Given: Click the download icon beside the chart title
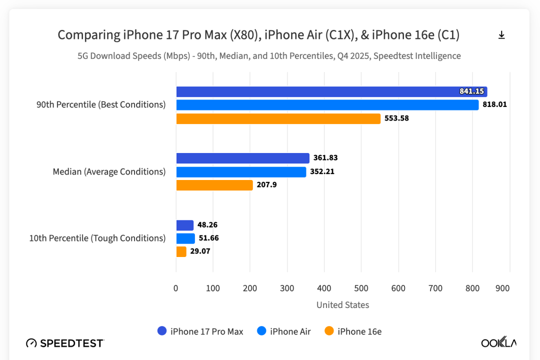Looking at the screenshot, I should click(501, 35).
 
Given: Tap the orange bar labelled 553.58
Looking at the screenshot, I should click(278, 118).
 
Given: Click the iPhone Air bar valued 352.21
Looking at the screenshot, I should click(240, 172).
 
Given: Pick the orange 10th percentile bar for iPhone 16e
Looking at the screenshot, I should click(181, 251).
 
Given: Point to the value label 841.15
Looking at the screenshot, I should click(471, 91).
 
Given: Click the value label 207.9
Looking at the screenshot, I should click(267, 185).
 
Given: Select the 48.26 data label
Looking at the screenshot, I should click(207, 225).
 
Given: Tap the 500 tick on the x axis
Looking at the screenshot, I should click(361, 288).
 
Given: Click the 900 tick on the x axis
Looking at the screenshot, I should click(502, 288).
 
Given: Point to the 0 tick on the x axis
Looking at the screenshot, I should click(176, 288).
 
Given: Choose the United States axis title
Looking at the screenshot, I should click(342, 305).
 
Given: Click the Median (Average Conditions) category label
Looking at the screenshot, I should click(109, 172).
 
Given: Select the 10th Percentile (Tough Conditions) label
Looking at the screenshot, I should click(97, 238).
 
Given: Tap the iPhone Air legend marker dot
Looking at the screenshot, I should click(261, 331).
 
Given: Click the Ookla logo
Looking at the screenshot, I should click(498, 342).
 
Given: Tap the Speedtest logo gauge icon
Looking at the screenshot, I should click(31, 343).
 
